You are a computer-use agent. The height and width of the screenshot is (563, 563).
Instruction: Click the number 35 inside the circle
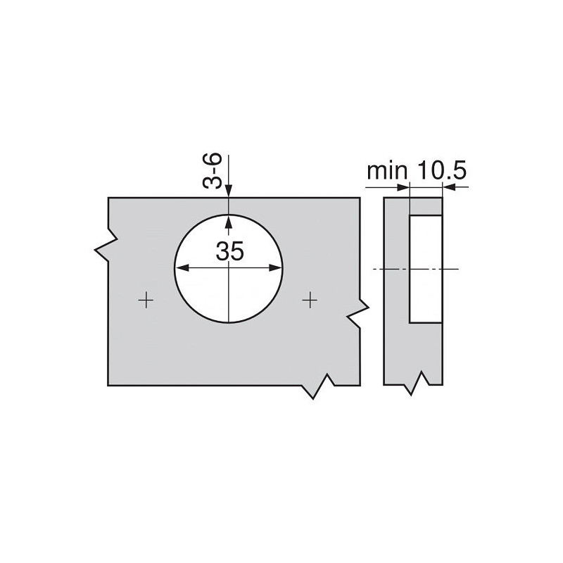coord(229,251)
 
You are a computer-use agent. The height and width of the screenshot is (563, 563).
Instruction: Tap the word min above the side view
coord(386,171)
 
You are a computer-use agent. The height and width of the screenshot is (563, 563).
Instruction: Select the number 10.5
coord(442,171)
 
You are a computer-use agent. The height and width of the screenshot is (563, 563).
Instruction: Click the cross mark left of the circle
coord(146,301)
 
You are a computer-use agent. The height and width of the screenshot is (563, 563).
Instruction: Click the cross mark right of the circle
coord(309,301)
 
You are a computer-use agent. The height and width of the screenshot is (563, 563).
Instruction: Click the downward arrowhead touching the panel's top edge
coord(229,191)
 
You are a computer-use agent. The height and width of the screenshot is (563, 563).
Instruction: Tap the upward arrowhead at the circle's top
coord(229,221)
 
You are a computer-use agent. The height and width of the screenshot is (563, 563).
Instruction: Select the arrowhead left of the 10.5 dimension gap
coord(403,187)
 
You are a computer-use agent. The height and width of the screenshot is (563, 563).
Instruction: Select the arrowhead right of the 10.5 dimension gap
coord(448,187)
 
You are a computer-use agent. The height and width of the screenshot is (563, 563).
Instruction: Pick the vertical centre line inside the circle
coord(229,296)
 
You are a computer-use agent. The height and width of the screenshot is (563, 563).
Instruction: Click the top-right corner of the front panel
coord(360,198)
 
